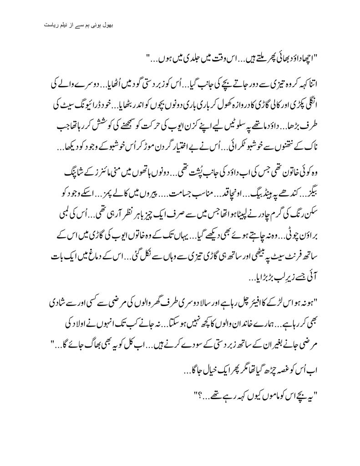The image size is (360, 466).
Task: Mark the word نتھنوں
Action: (x=289, y=135)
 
